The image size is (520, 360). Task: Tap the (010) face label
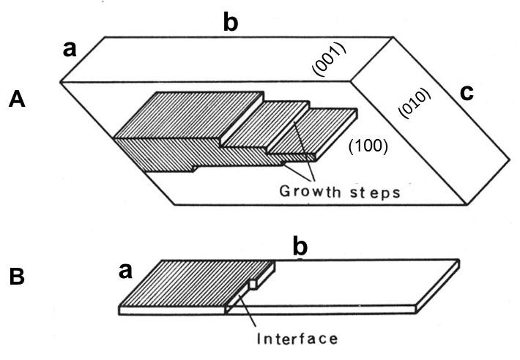414,103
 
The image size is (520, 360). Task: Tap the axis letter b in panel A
231,22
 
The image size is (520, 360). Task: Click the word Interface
297,339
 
